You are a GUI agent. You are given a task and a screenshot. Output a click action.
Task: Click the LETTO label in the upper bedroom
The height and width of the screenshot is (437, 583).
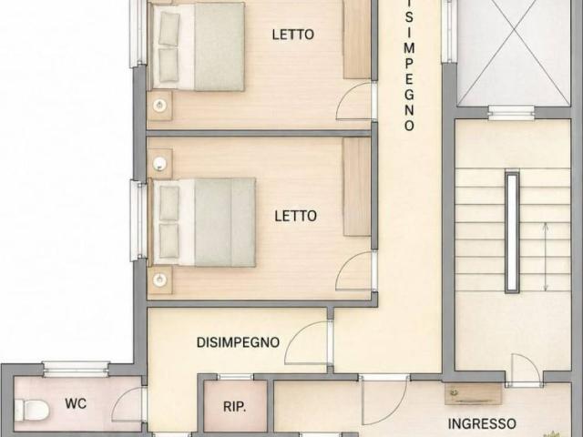coord(293,35)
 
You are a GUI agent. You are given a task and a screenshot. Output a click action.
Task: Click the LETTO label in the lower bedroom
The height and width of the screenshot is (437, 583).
coord(295,216)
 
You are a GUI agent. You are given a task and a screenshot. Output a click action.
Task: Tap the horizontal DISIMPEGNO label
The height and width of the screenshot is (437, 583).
coord(238,342)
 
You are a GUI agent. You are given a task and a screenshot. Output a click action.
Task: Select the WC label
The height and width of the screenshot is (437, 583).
coord(76,403)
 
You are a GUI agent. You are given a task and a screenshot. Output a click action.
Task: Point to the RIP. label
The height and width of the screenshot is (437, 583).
coord(235,407)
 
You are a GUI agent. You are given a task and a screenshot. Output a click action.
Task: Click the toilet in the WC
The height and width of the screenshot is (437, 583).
coord(32,410)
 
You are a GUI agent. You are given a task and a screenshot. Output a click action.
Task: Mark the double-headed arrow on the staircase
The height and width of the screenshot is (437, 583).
coord(546,257)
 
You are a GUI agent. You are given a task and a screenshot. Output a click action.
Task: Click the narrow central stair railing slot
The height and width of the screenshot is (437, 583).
coord(512,231)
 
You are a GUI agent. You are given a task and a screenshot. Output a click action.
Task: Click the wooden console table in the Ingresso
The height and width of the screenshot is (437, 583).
coord(473,394)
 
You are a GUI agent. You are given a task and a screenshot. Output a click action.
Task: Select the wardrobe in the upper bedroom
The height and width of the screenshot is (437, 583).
coord(356,39)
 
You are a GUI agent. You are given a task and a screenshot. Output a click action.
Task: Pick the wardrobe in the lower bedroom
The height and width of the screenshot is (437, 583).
coord(356,187)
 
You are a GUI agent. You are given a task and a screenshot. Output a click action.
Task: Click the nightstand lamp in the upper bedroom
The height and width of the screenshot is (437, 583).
coord(159,106)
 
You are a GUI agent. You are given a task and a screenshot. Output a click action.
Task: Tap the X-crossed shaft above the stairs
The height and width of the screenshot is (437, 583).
coord(513,53)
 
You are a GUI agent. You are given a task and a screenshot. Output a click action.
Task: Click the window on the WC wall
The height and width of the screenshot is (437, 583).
coord(76,369)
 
